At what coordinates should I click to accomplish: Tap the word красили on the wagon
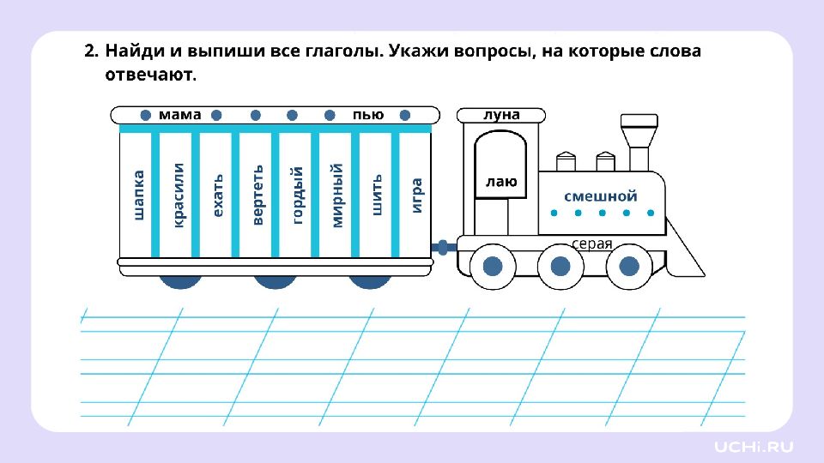(x=179, y=195)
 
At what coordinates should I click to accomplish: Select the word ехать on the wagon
(x=218, y=195)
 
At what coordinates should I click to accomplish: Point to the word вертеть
(x=257, y=195)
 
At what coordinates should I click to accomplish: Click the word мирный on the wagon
(x=336, y=195)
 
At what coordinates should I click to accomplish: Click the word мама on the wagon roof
(x=180, y=115)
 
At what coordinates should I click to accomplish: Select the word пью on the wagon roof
(x=368, y=115)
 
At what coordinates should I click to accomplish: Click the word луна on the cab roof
(x=501, y=115)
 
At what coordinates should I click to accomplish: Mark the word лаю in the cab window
(x=501, y=182)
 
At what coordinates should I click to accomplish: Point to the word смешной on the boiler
(x=601, y=195)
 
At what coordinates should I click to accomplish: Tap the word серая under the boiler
(x=592, y=244)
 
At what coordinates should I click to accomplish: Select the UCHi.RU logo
(x=754, y=446)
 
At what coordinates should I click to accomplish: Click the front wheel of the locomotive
(x=629, y=267)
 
